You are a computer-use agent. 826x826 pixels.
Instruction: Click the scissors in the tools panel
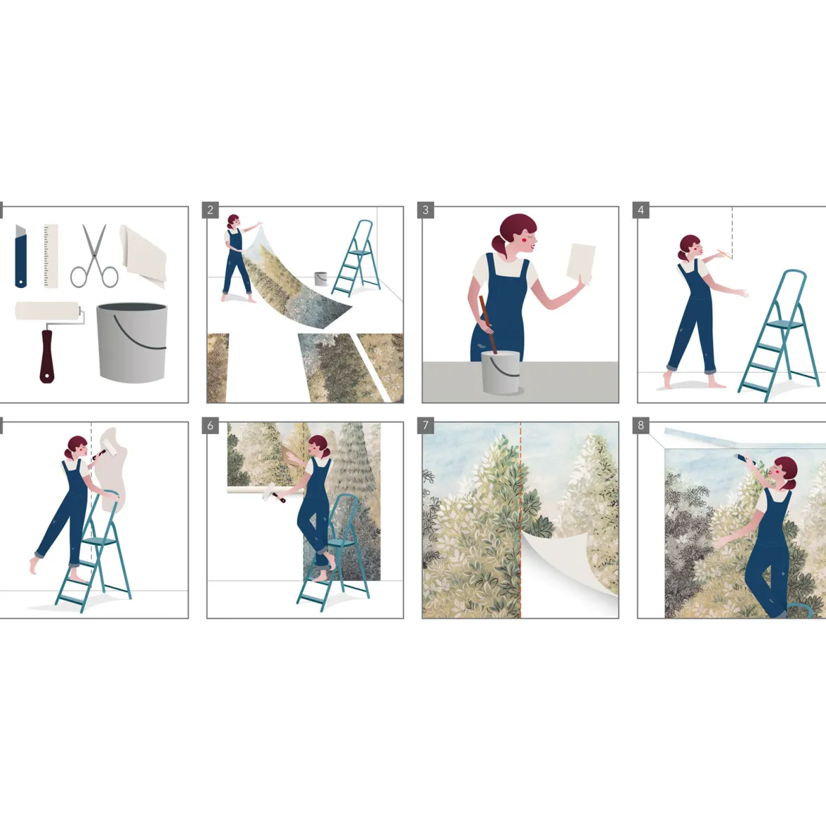[95, 256]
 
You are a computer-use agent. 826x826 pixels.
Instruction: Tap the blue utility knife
[20, 256]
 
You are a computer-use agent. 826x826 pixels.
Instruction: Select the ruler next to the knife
[51, 256]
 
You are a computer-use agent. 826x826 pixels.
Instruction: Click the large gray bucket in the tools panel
[132, 342]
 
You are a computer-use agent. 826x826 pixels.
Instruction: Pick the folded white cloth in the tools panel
[143, 256]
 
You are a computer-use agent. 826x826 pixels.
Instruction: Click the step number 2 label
[210, 210]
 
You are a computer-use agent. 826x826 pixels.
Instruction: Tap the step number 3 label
[426, 210]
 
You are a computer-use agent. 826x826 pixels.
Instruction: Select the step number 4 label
[640, 210]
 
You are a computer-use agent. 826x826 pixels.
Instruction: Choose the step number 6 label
[210, 425]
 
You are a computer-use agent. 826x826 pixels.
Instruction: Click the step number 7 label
[426, 425]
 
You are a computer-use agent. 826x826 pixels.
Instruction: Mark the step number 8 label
[640, 425]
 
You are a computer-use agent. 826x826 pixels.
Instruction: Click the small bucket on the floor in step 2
[321, 279]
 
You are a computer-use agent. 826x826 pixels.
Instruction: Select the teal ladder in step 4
[779, 335]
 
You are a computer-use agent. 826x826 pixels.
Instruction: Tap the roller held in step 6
[273, 493]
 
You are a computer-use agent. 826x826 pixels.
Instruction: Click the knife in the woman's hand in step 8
[744, 459]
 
